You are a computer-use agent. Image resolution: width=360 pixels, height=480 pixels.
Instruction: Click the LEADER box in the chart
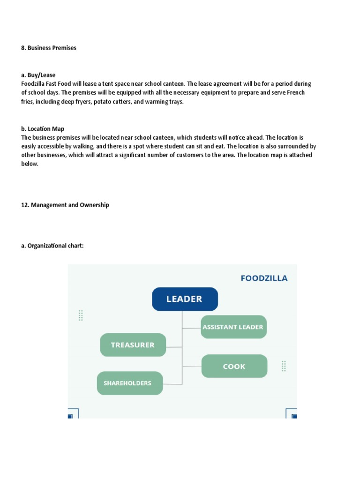coord(185,299)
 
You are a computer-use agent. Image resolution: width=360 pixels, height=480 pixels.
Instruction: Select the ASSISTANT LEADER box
coord(233,327)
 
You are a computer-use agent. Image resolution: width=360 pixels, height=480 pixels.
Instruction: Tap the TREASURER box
coord(133,345)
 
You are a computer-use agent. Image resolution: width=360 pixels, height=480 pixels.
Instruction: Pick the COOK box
coord(234,366)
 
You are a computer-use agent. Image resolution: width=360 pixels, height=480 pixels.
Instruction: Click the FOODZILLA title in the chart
coord(264,278)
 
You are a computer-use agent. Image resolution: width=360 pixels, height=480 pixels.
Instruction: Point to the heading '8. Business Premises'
coord(49,48)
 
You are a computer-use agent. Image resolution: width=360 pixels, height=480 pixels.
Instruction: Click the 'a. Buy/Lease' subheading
coord(38,75)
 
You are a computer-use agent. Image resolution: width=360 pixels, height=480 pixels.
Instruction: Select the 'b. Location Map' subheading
coord(43,128)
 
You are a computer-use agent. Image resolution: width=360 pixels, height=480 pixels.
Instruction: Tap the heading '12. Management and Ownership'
coord(65,205)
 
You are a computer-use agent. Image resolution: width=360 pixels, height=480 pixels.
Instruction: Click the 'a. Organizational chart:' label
coord(52,246)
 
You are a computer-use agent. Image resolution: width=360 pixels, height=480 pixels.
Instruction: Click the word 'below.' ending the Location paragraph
coord(30,164)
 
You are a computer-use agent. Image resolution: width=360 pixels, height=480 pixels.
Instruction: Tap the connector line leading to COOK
coord(192,366)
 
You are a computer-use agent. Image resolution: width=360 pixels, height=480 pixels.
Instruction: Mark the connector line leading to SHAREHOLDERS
coord(172,384)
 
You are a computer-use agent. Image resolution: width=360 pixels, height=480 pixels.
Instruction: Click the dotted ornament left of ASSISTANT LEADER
coord(81,315)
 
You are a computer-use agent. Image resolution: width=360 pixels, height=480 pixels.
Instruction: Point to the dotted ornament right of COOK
coord(284,366)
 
